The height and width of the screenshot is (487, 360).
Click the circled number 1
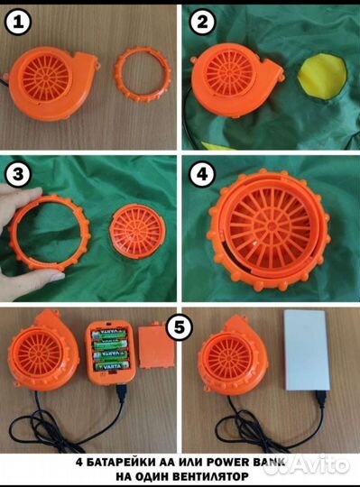pyautogui.click(x=18, y=23)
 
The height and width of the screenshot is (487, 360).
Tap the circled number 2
pyautogui.click(x=202, y=22)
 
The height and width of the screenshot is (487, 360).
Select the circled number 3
pyautogui.click(x=18, y=174)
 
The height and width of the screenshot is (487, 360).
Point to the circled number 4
pyautogui.click(x=202, y=174)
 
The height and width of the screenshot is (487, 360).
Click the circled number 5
pyautogui.click(x=180, y=326)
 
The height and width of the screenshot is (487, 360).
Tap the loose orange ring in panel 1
pyautogui.click(x=143, y=74)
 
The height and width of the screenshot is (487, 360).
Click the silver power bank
pyautogui.click(x=306, y=350)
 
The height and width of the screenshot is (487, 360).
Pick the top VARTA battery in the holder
pyautogui.click(x=109, y=335)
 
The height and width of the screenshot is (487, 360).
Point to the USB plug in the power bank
pyautogui.click(x=321, y=399)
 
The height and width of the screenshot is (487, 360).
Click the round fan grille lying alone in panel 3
pyautogui.click(x=137, y=232)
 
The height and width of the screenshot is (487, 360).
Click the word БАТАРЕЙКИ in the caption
pyautogui.click(x=121, y=462)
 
